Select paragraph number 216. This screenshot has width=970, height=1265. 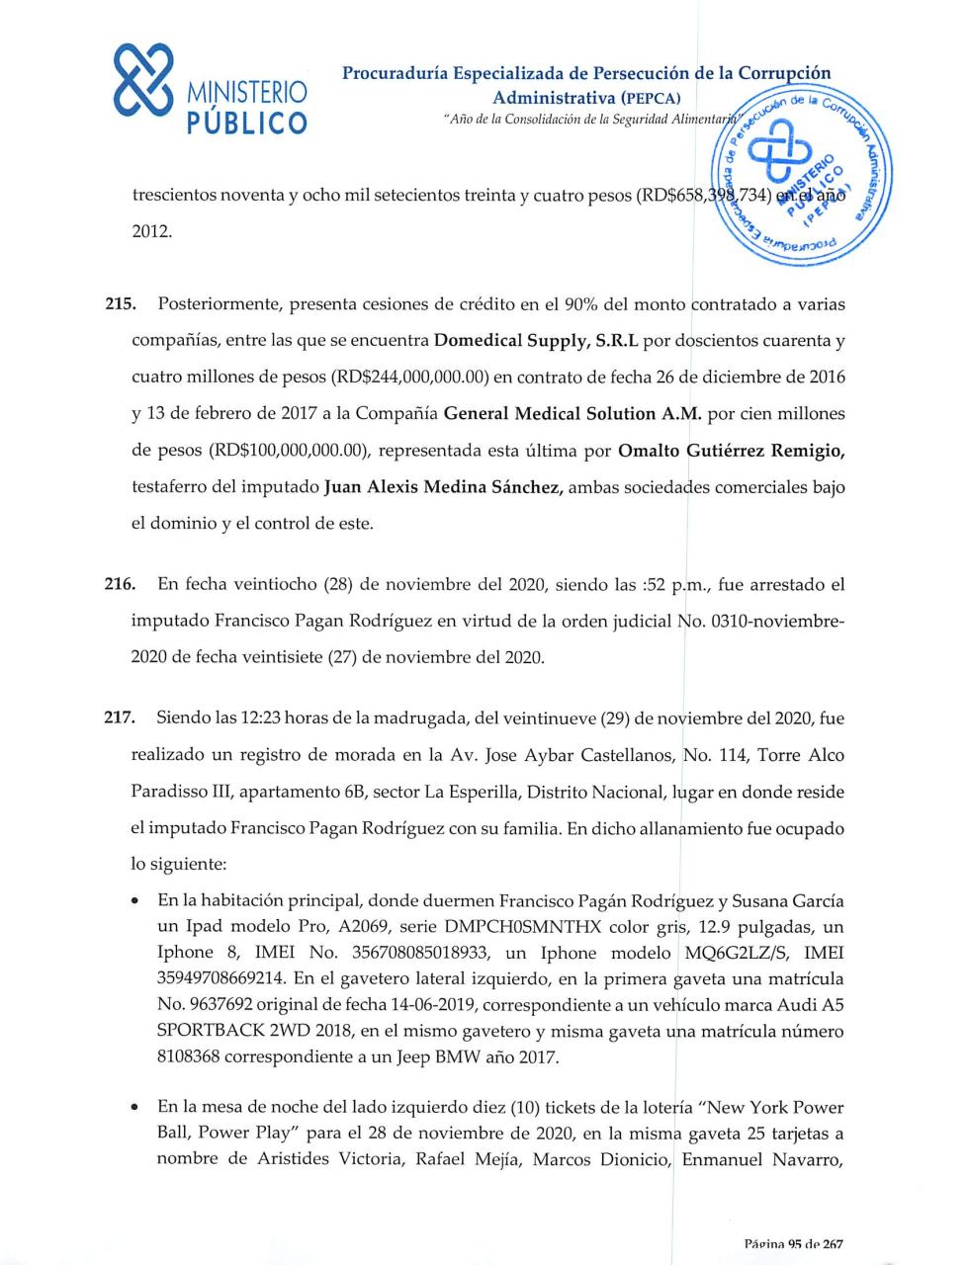point(119,585)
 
